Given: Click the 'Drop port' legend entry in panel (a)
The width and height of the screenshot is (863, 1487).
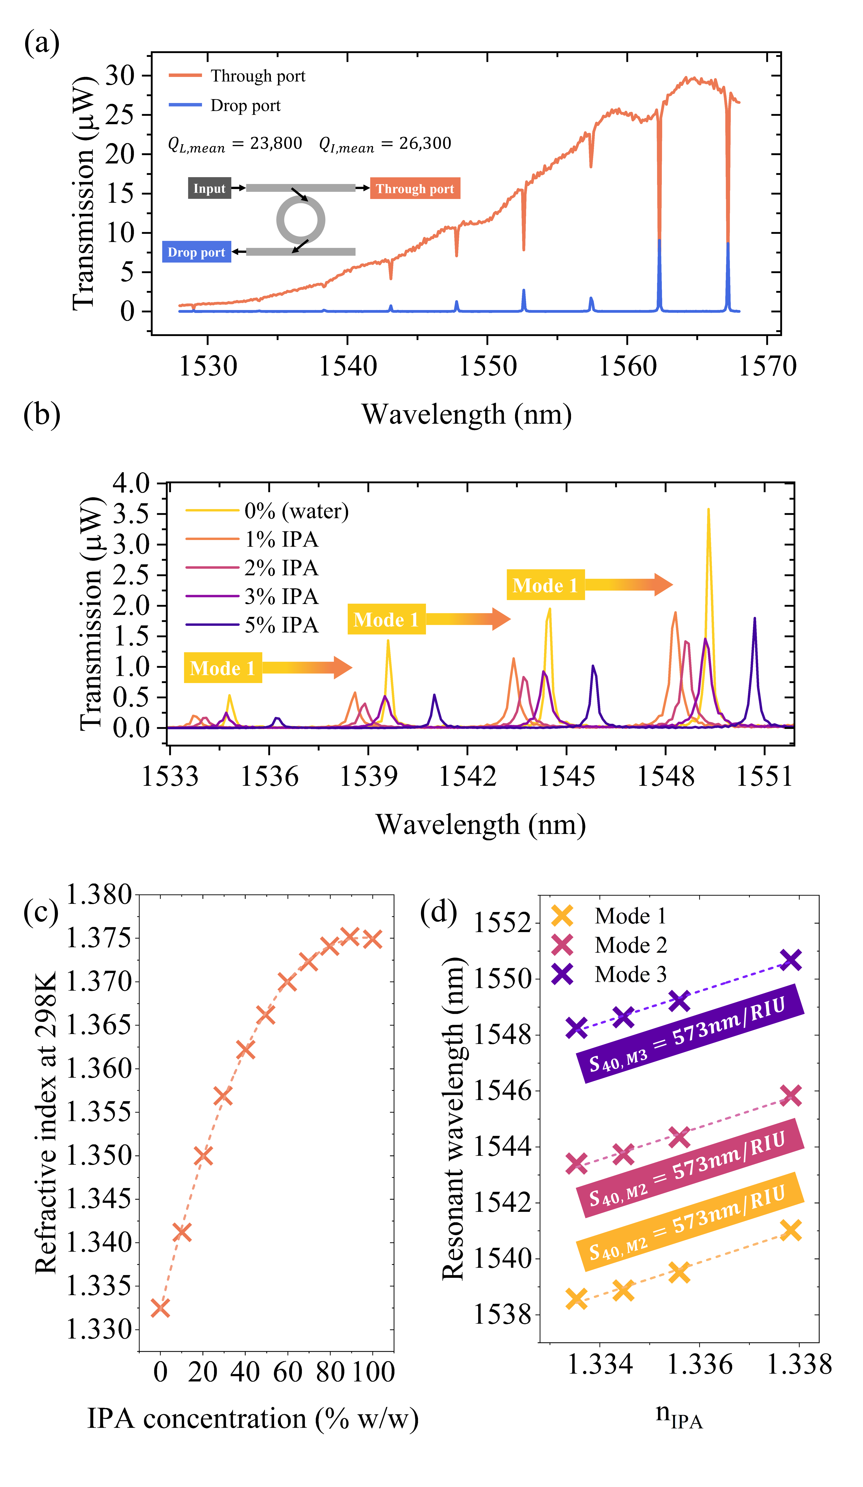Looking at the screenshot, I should [x=245, y=106].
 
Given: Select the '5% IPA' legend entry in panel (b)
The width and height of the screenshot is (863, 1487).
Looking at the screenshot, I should [x=282, y=625].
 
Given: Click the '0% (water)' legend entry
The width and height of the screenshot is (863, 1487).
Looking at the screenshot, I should [x=296, y=511].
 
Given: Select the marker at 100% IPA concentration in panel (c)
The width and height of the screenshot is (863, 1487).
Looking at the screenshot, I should [x=372, y=939].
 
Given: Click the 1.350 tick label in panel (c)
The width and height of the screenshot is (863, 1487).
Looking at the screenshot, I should [x=99, y=1156].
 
